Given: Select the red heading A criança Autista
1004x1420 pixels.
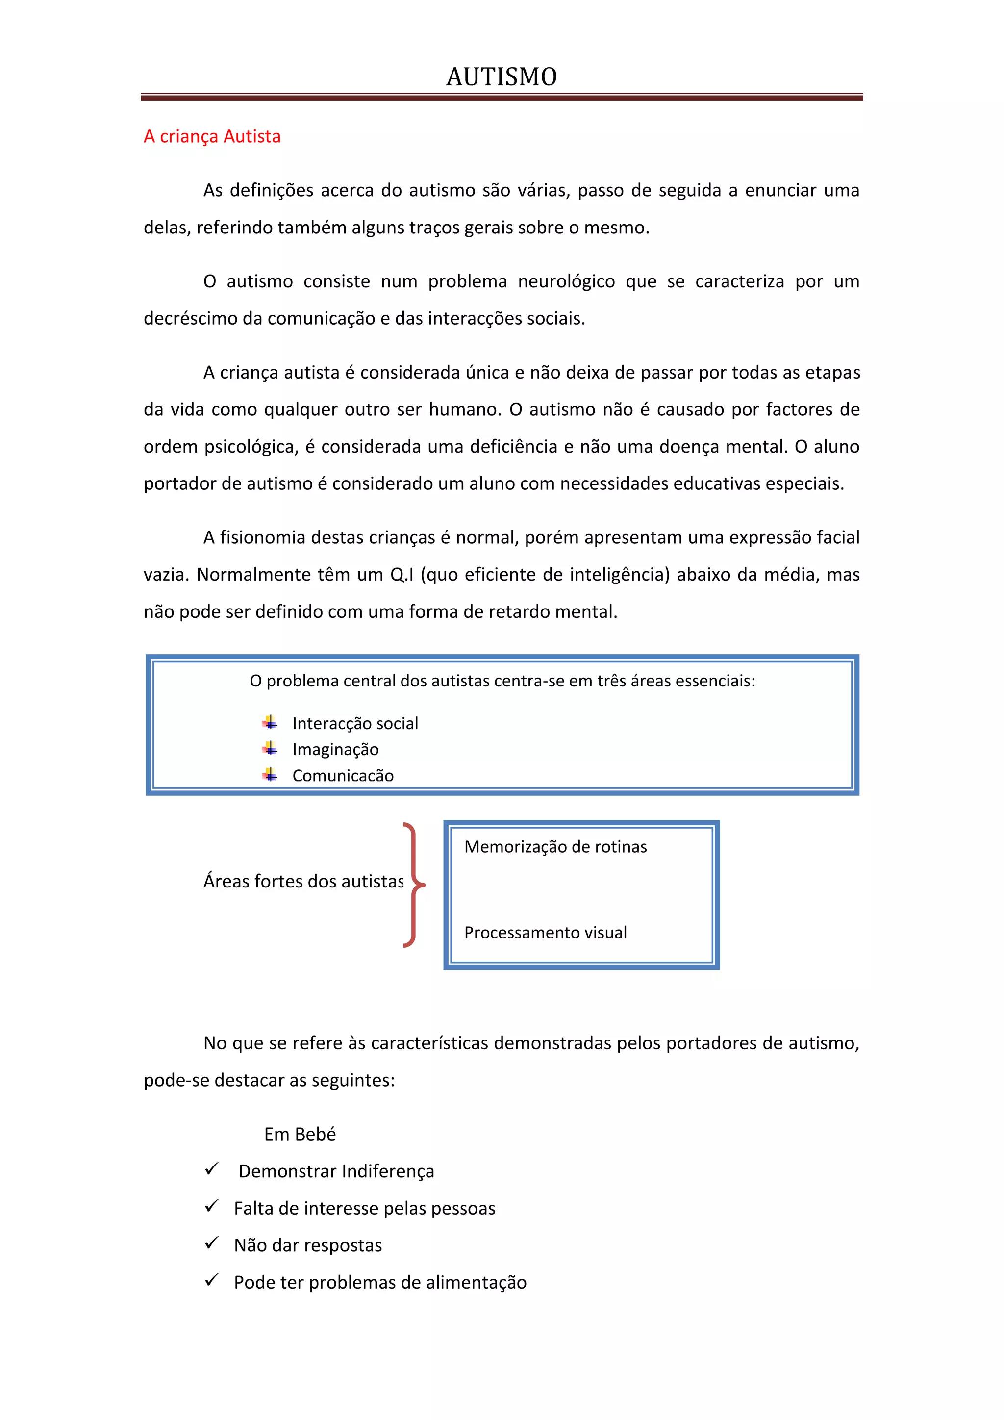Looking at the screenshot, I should click(212, 137).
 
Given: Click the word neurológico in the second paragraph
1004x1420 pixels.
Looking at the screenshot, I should click(566, 281).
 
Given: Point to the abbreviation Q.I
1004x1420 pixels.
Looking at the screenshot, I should click(401, 575).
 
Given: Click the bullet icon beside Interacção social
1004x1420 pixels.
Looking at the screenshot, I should click(270, 722).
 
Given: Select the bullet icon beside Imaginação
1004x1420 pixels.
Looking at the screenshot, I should click(270, 748).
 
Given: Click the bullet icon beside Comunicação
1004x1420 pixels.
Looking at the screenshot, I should click(270, 774).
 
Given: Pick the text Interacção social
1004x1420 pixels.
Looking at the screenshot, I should click(355, 724).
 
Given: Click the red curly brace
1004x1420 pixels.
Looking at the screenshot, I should click(414, 885).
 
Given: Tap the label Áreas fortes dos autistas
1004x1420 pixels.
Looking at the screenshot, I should click(303, 881).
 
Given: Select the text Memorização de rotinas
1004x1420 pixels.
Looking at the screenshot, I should click(555, 847).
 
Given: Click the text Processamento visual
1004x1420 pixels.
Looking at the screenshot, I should click(545, 933).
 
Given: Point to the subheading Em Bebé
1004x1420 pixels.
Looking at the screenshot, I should click(300, 1134).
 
